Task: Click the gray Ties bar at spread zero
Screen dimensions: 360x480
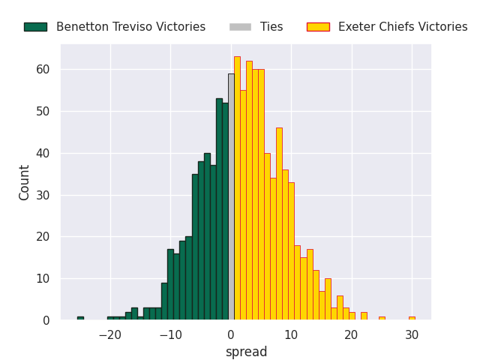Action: point(231,196)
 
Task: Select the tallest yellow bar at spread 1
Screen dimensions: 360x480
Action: point(237,188)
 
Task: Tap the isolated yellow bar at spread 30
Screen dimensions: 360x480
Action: point(412,318)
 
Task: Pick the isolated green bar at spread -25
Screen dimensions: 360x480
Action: point(80,318)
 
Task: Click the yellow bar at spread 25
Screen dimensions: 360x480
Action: point(382,318)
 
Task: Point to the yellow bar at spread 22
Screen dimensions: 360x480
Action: point(364,316)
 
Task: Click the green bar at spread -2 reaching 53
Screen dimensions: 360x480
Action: point(219,209)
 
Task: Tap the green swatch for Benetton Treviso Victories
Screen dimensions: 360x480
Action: point(35,27)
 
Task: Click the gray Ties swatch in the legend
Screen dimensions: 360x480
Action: point(241,27)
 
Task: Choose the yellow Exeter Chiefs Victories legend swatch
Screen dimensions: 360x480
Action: point(318,27)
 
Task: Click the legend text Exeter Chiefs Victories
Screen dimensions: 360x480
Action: point(403,27)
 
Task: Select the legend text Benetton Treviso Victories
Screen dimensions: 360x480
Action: point(130,27)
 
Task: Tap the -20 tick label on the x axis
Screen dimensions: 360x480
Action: point(110,335)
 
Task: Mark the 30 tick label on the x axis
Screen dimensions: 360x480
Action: point(412,335)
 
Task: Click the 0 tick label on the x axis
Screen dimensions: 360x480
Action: point(231,335)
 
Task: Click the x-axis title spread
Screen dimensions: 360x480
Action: point(246,352)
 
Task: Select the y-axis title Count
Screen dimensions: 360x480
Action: point(25,182)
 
